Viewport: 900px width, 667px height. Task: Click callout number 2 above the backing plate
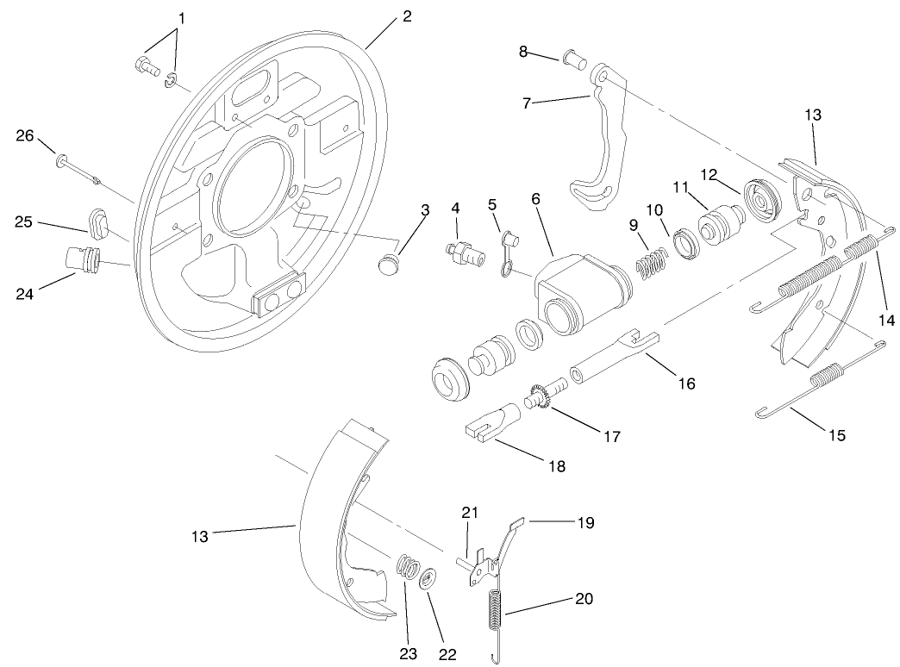coord(407,16)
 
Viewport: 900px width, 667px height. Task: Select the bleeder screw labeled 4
coord(463,250)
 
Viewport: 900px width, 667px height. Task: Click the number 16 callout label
coord(687,383)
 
